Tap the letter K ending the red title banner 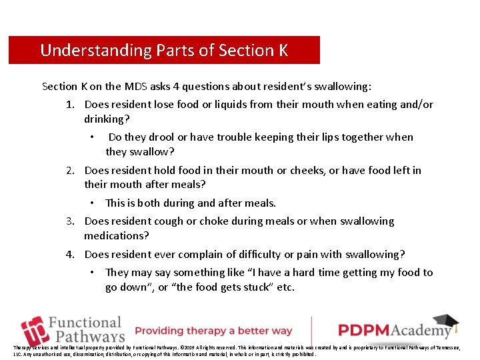pos(283,50)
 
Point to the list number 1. pos(70,105)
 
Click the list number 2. pos(70,171)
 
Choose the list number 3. pos(70,221)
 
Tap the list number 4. pos(70,254)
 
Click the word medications pos(116,236)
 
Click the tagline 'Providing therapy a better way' pos(213,331)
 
